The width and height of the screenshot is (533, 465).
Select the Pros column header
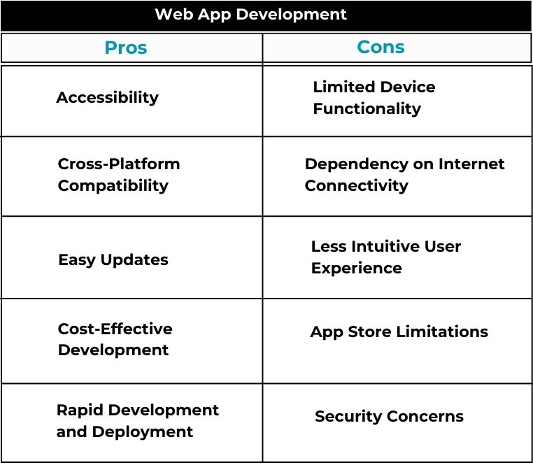(126, 48)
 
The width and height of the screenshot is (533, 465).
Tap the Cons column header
(381, 47)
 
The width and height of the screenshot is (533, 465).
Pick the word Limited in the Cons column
(343, 87)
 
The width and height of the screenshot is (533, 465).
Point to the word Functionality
(367, 110)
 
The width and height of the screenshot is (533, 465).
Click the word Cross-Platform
(119, 164)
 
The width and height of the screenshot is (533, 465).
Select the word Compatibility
(113, 186)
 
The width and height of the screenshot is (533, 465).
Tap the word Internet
(471, 164)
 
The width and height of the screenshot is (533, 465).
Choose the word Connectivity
(357, 186)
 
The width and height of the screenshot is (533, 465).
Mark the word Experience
(357, 269)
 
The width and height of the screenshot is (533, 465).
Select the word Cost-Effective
(115, 329)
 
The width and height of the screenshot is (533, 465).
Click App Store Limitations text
(399, 332)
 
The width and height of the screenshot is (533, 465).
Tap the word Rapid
(80, 410)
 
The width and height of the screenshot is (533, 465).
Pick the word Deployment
(143, 432)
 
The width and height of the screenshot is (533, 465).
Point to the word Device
(408, 87)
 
